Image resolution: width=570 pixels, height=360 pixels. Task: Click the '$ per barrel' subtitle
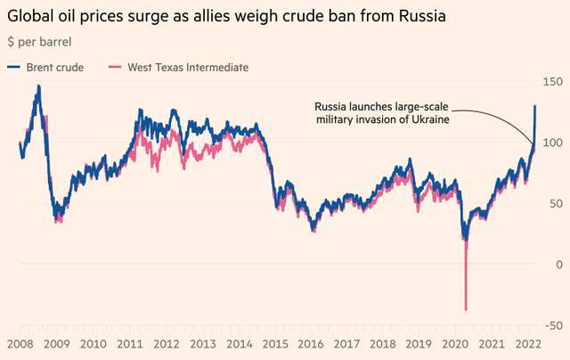pyautogui.click(x=39, y=42)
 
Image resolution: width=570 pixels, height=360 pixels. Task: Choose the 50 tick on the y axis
pyautogui.click(x=555, y=203)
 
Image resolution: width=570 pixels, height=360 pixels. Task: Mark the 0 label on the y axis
pyautogui.click(x=558, y=265)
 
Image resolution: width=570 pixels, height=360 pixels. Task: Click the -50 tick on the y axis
pyautogui.click(x=552, y=325)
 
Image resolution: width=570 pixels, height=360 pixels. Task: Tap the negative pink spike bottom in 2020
pyautogui.click(x=466, y=309)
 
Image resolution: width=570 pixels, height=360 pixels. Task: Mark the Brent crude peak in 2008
pyautogui.click(x=38, y=86)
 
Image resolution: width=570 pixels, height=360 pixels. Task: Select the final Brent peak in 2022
pyautogui.click(x=535, y=106)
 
